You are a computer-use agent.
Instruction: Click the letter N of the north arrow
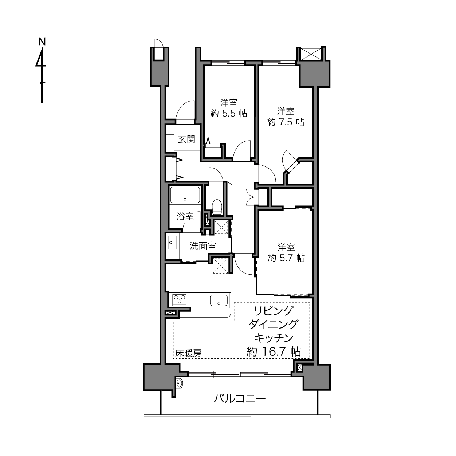(42, 42)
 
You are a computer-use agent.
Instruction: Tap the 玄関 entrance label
(186, 139)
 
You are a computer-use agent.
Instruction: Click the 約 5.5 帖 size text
(229, 114)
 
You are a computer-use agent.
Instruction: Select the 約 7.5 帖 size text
(286, 122)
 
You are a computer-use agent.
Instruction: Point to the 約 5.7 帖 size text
(286, 258)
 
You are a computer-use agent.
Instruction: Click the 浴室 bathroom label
(185, 216)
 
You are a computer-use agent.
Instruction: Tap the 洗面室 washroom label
(203, 246)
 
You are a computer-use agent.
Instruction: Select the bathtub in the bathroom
(185, 195)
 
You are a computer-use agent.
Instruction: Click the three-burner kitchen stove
(179, 299)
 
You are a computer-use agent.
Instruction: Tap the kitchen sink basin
(219, 300)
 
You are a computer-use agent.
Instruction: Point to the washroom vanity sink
(173, 243)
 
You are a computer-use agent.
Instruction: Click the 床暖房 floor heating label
(188, 353)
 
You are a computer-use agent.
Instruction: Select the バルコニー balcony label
(240, 399)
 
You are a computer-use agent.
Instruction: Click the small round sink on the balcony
(180, 383)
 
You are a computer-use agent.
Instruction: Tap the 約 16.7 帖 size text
(274, 351)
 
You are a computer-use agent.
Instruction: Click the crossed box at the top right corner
(311, 54)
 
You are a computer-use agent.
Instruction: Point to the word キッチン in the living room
(274, 338)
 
